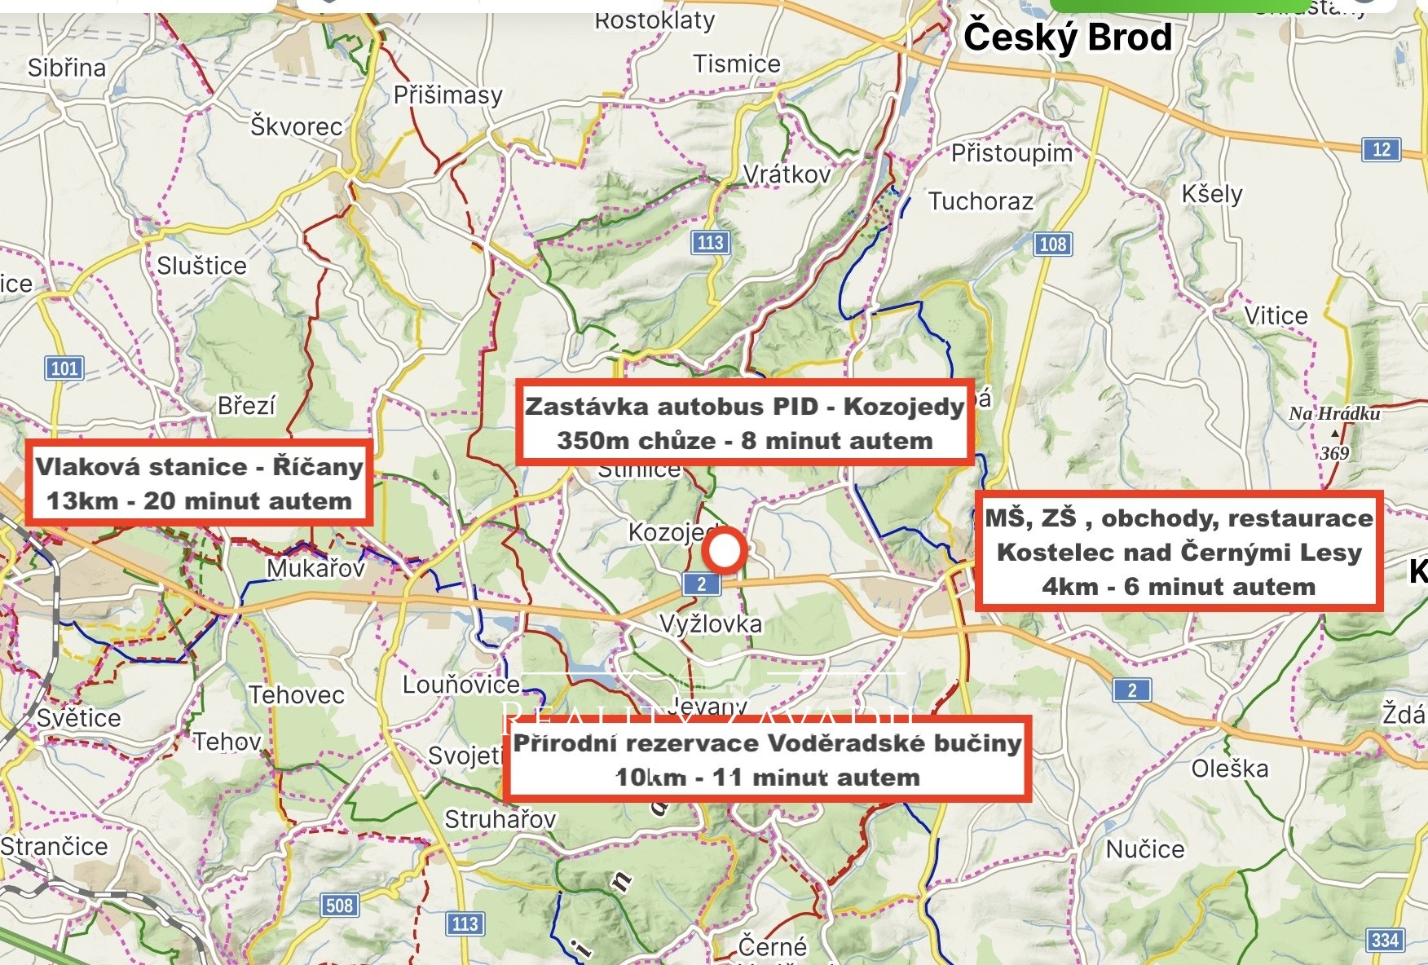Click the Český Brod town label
click(x=1067, y=37)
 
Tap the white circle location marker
click(x=724, y=551)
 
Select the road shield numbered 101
click(x=64, y=368)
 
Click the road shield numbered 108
click(x=1052, y=244)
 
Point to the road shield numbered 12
click(x=1381, y=149)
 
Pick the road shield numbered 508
click(x=339, y=905)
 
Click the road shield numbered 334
click(x=1385, y=940)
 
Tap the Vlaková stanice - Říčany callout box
click(x=200, y=483)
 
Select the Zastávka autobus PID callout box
click(x=744, y=423)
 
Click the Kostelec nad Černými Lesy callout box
click(x=1179, y=552)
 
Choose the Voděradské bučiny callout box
click(x=767, y=760)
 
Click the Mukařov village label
click(x=316, y=568)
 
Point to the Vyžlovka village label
click(x=710, y=624)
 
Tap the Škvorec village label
click(x=297, y=126)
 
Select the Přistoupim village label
click(x=1011, y=153)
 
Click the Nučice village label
click(x=1144, y=849)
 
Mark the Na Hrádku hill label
click(x=1334, y=414)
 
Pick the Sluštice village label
click(x=201, y=266)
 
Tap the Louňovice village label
click(x=461, y=685)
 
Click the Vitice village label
click(x=1275, y=315)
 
